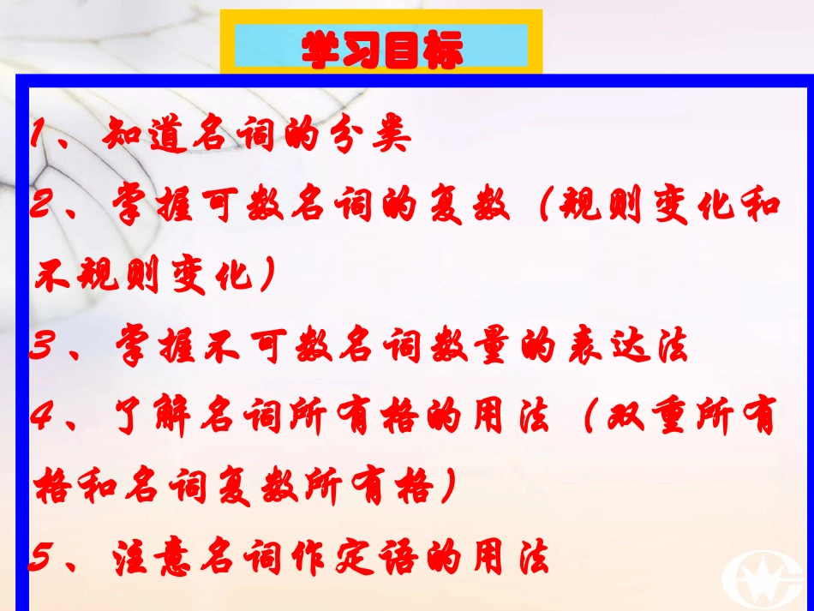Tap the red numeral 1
(x=38, y=135)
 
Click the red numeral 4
(x=45, y=419)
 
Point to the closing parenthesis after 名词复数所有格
(x=446, y=490)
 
